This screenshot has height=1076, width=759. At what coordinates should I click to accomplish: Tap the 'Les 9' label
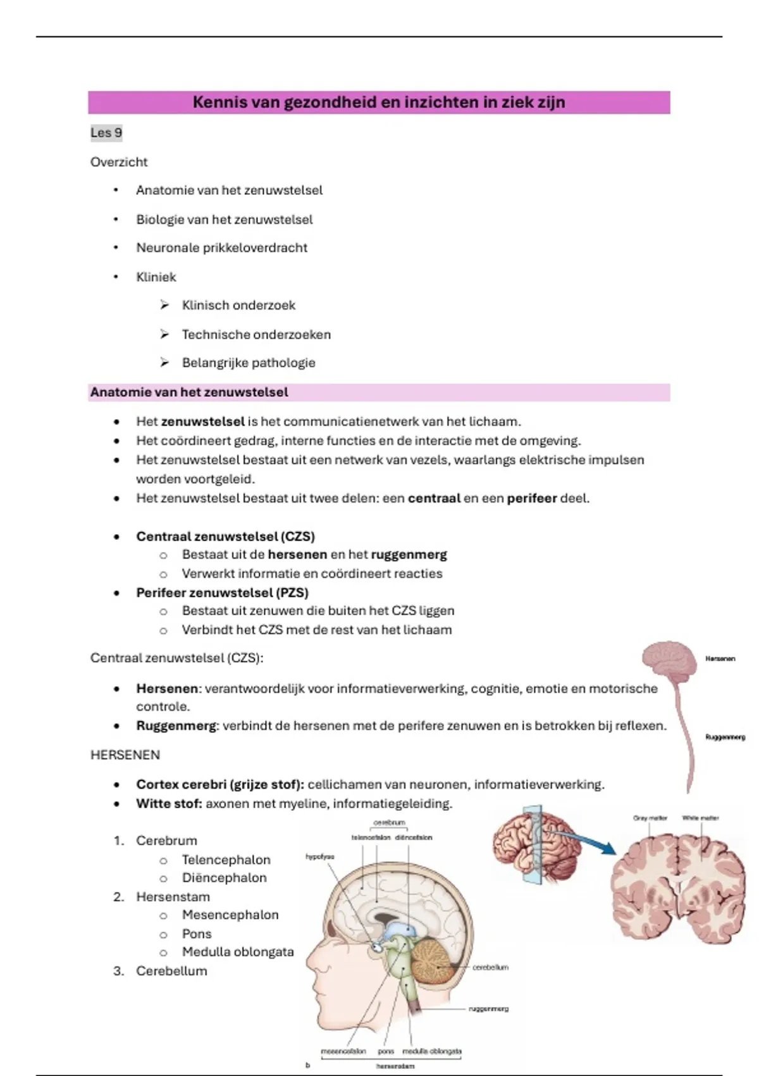(x=106, y=133)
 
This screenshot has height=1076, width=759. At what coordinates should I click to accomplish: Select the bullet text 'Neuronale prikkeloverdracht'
(x=221, y=248)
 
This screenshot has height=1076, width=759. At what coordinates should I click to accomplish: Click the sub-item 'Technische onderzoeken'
(x=256, y=334)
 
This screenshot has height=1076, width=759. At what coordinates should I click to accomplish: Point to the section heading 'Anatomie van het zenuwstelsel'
(x=189, y=392)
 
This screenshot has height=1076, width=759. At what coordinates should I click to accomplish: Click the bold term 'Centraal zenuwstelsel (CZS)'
(x=225, y=537)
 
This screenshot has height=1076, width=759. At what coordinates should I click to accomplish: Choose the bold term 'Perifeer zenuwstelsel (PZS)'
(x=222, y=593)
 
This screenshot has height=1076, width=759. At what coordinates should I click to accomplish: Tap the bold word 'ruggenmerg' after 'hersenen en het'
(x=409, y=555)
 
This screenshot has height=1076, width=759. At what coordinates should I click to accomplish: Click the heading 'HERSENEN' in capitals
(x=125, y=755)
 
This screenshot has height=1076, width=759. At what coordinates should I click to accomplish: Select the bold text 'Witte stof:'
(x=169, y=804)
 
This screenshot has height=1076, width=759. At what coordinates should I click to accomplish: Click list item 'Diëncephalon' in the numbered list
(x=224, y=878)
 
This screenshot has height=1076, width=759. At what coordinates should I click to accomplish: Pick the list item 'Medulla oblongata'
(x=238, y=952)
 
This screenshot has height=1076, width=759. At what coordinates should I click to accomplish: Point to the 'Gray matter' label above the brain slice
(x=650, y=818)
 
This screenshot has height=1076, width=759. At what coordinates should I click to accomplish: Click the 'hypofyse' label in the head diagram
(x=319, y=856)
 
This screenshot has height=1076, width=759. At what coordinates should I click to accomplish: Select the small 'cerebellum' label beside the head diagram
(x=490, y=967)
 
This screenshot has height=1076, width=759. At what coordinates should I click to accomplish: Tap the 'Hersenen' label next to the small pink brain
(x=720, y=659)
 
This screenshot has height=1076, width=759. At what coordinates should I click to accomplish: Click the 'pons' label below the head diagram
(x=386, y=1051)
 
